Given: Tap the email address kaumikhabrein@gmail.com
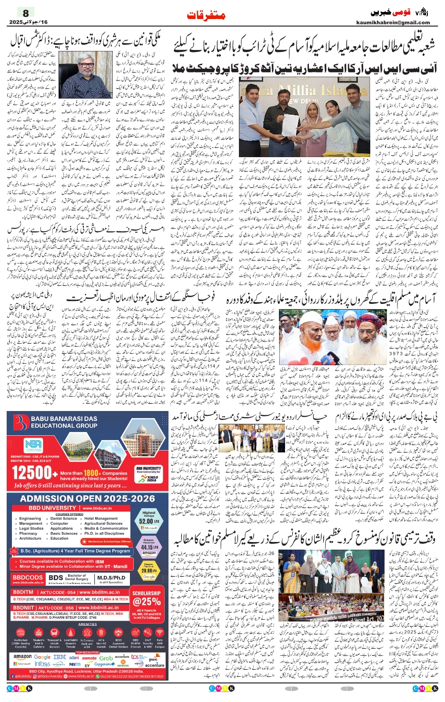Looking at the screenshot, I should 393,22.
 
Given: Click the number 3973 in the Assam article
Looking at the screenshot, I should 396,353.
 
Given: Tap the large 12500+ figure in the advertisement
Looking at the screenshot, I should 34,473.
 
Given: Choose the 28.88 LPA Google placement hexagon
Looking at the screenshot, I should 148,571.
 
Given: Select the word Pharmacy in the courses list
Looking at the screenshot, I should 28,533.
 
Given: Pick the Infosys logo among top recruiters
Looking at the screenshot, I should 42,664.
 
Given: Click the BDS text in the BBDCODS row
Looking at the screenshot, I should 56,578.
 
